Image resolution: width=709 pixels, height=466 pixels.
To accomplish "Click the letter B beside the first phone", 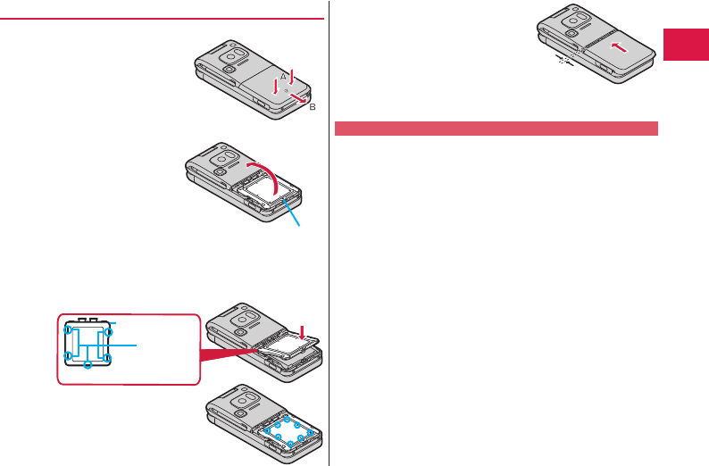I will click(313, 106).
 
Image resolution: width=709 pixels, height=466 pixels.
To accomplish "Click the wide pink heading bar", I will click(496, 128).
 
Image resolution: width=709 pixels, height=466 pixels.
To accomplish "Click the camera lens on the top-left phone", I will click(229, 69).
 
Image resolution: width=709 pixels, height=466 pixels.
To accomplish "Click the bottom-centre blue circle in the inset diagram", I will click(88, 365).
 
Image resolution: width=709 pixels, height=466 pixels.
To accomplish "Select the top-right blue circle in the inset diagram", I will click(108, 331).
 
